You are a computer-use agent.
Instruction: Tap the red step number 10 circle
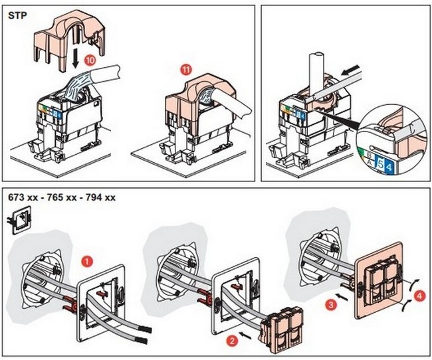[x=90, y=59]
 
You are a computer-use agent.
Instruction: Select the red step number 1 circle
[x=86, y=261]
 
